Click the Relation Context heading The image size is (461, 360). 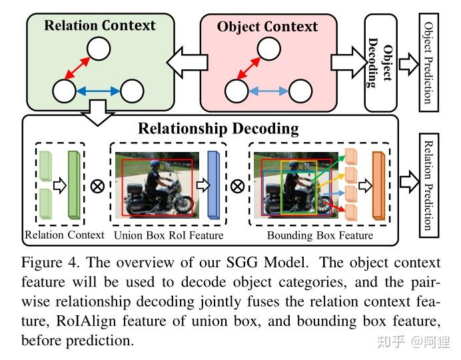[x=99, y=26]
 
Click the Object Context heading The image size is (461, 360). [x=267, y=27]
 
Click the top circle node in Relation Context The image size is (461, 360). [x=99, y=49]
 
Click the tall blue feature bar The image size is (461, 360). [x=213, y=185]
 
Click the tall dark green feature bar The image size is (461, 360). [x=73, y=185]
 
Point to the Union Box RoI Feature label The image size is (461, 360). [x=169, y=235]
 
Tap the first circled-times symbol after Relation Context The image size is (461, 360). [x=97, y=186]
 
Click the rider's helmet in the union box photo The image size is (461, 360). [x=151, y=164]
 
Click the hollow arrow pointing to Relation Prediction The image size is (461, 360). [x=408, y=182]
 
